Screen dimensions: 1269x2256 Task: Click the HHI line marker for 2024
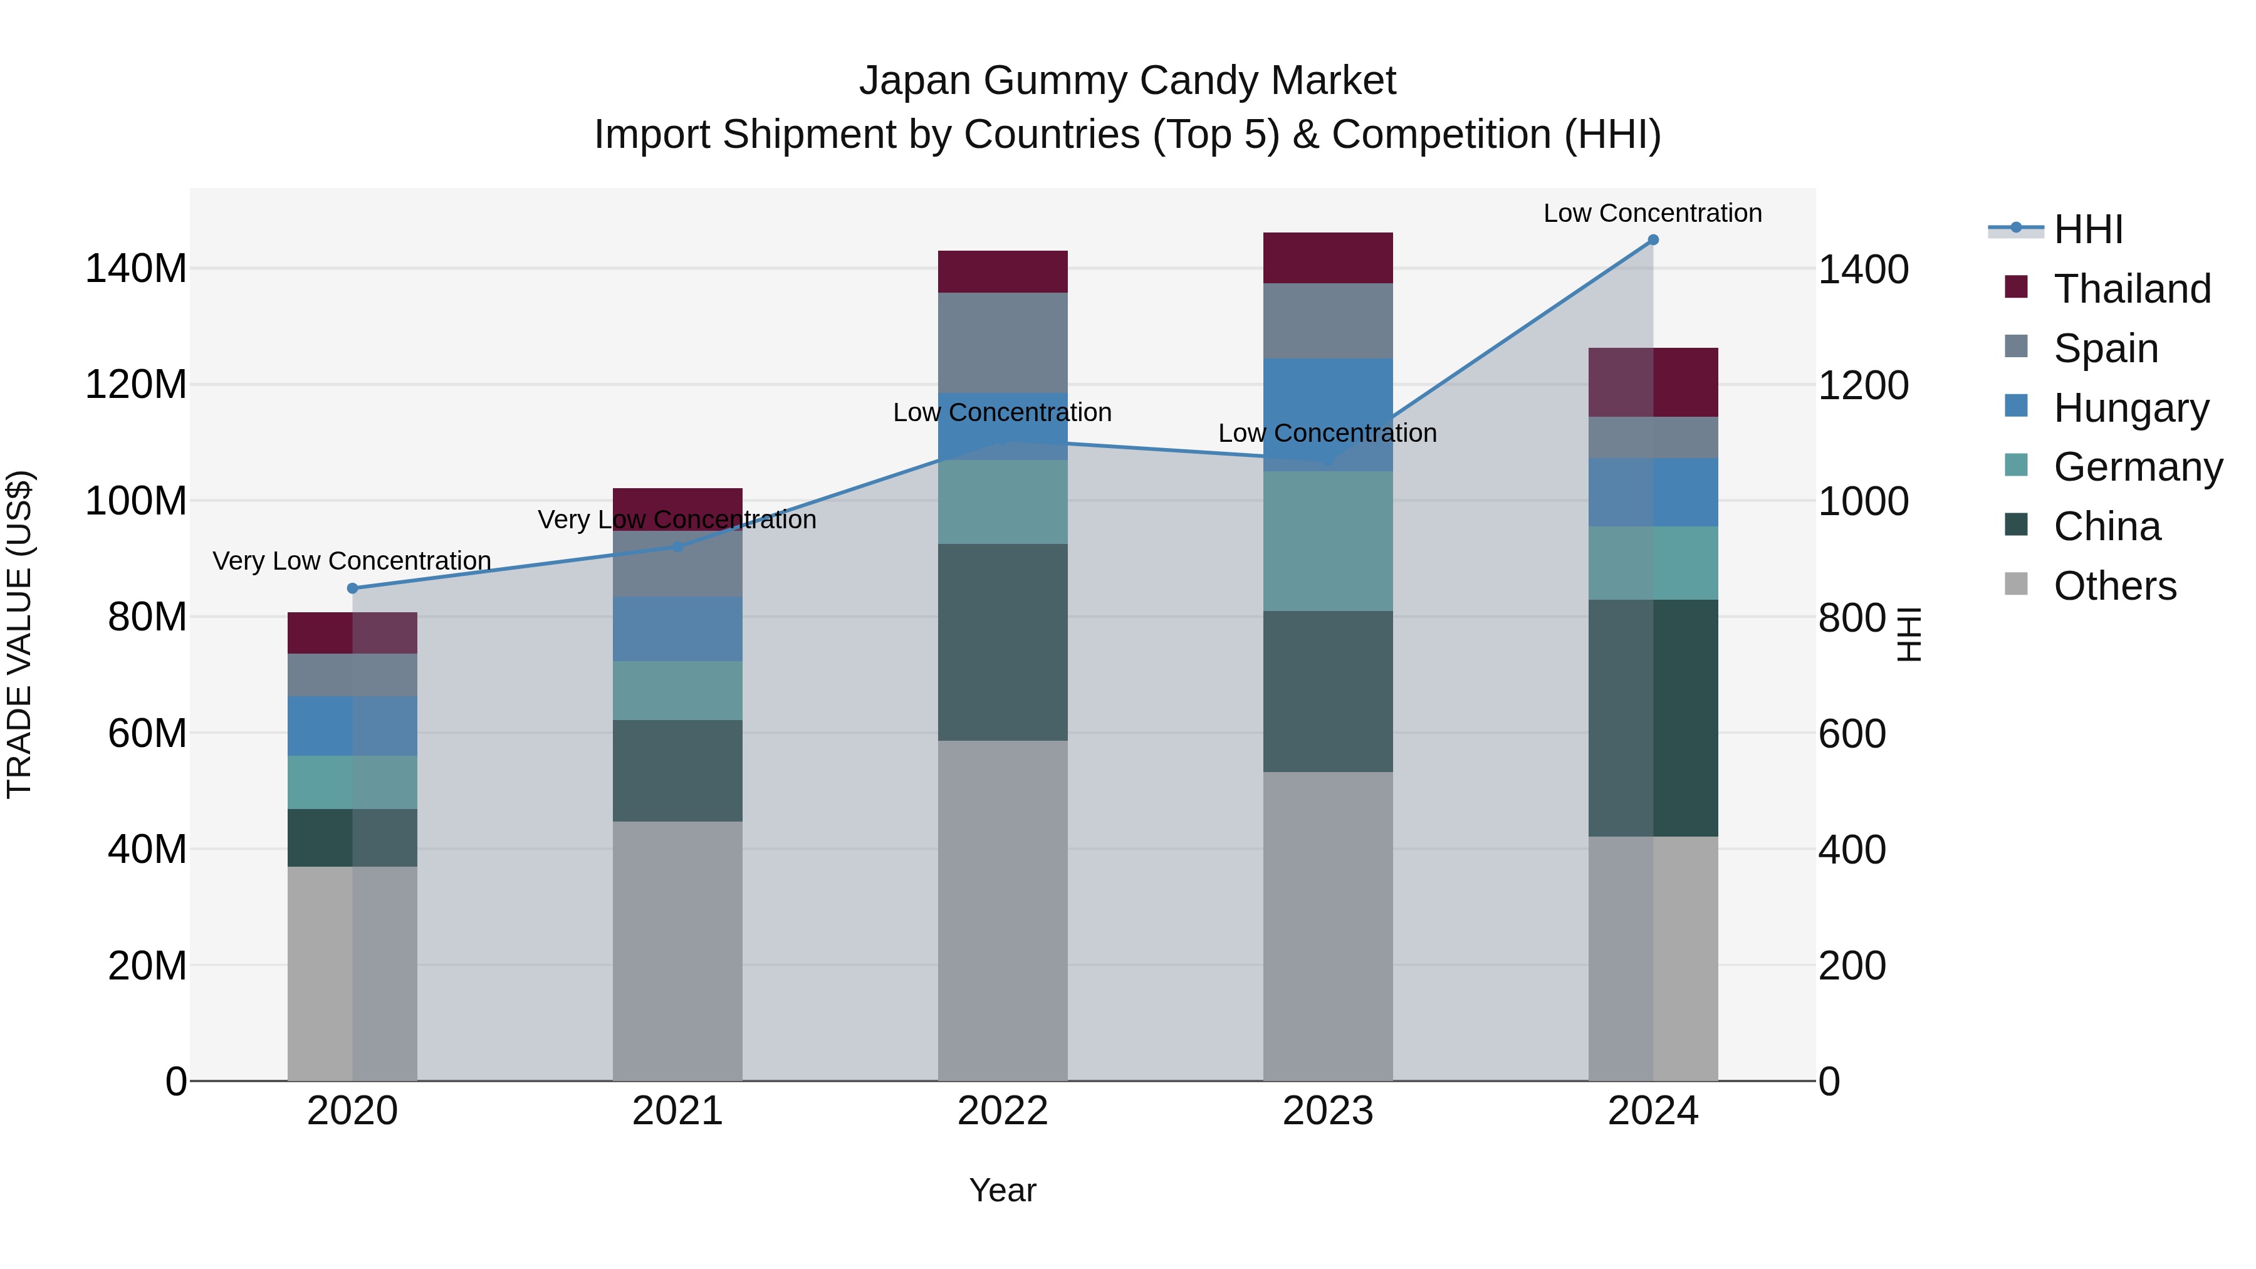click(1653, 240)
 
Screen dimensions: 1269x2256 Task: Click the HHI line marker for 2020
click(352, 588)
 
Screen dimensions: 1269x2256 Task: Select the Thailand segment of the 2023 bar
click(1328, 258)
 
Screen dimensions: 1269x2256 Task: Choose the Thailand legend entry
click(2132, 289)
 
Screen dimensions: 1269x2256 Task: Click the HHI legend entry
click(2088, 229)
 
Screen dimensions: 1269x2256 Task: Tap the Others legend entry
click(2114, 586)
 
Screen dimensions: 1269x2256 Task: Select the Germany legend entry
click(2137, 467)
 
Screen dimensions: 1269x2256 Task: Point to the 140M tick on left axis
click(136, 269)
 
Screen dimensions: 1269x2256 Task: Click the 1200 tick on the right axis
click(1864, 385)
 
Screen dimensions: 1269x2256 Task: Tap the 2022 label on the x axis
click(1003, 1111)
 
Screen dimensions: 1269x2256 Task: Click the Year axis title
click(1003, 1190)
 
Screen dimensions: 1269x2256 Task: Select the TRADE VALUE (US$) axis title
click(19, 634)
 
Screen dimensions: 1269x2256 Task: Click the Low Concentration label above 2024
click(1652, 213)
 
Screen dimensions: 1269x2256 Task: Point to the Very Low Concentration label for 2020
click(352, 560)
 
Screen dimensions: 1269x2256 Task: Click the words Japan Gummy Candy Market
click(1127, 81)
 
